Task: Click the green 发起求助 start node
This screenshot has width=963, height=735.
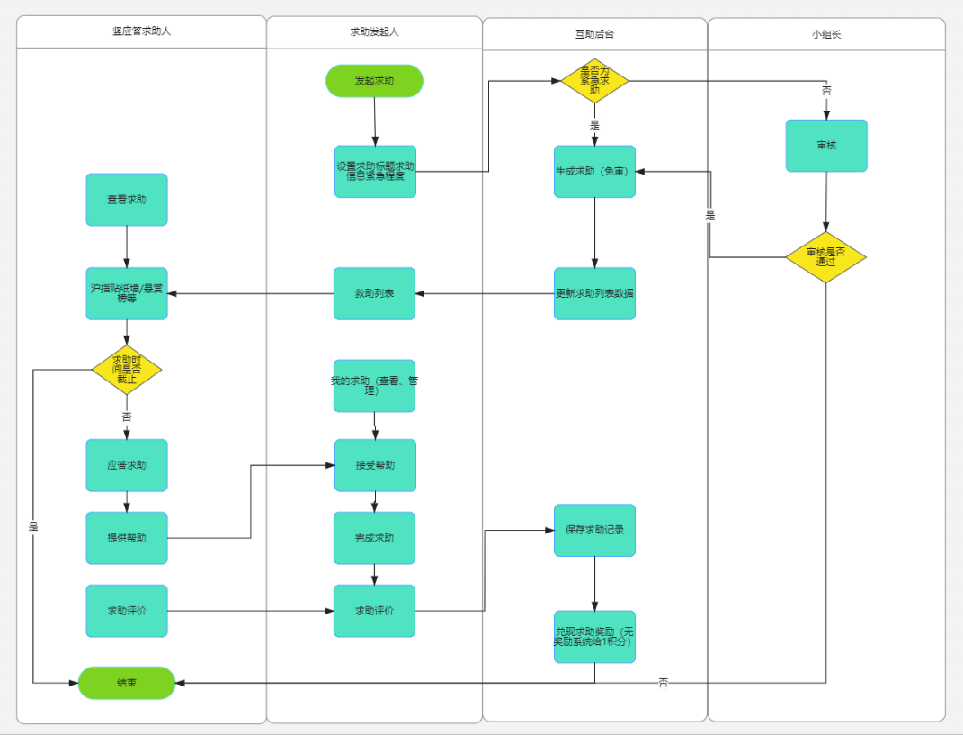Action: [374, 81]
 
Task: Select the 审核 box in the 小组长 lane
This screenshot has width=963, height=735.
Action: [826, 146]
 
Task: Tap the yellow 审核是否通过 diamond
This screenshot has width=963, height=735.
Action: [825, 257]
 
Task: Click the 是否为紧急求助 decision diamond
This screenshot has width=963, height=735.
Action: [594, 81]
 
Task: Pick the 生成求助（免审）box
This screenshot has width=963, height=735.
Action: [594, 171]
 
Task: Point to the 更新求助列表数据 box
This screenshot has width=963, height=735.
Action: [594, 293]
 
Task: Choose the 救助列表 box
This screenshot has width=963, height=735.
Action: [374, 293]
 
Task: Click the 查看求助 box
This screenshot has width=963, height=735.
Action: [127, 200]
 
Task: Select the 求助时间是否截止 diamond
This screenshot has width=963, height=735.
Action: [127, 370]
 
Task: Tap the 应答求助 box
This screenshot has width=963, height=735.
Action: [127, 465]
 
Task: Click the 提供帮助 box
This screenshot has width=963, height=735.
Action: [127, 538]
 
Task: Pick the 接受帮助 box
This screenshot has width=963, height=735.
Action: [375, 465]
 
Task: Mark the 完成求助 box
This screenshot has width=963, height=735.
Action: [374, 538]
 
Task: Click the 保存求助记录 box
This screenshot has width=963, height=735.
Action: [594, 530]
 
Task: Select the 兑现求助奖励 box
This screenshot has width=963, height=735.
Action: [594, 637]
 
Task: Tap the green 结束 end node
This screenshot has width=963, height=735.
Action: [127, 683]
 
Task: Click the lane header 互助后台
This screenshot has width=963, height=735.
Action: [594, 34]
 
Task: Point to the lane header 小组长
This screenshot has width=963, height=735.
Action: [826, 34]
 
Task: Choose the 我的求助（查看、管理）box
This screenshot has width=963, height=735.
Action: [374, 386]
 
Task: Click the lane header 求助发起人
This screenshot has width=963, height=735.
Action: [374, 31]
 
